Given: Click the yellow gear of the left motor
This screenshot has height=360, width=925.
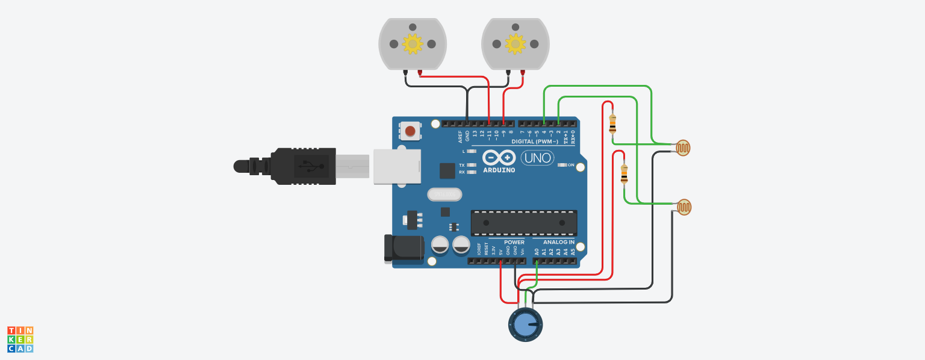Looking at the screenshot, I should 413,43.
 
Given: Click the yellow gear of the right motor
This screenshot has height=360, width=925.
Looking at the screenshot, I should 515,43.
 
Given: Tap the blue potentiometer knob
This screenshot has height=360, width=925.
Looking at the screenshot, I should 525,324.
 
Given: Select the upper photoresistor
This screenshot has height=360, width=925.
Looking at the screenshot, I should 683,147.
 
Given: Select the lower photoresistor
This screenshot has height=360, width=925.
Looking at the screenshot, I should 684,207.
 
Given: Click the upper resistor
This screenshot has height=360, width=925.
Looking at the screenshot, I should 612,125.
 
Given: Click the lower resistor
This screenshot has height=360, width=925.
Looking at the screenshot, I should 624,174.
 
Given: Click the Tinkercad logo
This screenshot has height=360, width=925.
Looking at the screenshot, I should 20,340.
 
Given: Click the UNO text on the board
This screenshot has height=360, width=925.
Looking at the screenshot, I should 537,158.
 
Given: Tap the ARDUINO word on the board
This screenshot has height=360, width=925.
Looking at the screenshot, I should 499,170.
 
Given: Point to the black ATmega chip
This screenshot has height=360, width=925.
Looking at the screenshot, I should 524,223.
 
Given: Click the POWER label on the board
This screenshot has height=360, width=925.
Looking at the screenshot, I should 514,242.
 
